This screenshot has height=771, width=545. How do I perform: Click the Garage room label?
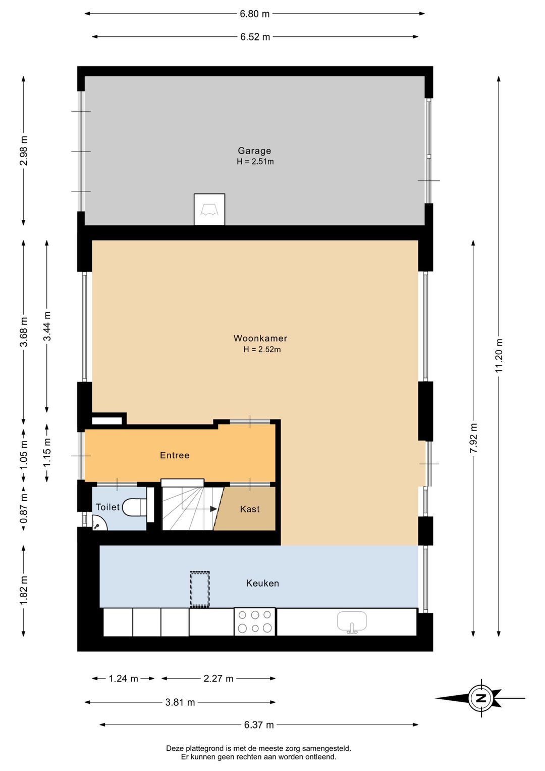(x=254, y=151)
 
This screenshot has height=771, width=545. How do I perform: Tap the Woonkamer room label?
(x=260, y=338)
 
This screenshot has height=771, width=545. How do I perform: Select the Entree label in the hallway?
(x=175, y=455)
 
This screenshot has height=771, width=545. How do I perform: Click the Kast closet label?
(x=250, y=509)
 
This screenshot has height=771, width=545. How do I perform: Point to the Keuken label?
(x=262, y=583)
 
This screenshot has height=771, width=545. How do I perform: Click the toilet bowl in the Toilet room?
(x=135, y=507)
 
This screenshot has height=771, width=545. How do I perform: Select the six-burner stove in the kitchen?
(x=255, y=621)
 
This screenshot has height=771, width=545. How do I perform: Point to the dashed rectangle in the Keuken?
(x=200, y=589)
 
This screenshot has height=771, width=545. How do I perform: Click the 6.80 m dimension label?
(x=255, y=14)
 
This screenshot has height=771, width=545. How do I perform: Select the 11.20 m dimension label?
(x=499, y=356)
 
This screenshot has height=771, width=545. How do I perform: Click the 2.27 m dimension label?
(x=219, y=679)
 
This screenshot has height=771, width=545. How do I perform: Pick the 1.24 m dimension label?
(x=123, y=679)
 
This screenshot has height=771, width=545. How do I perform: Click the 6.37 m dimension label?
(x=259, y=725)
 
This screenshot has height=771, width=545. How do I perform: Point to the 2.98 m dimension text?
(x=23, y=151)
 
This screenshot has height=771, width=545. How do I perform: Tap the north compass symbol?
(x=481, y=698)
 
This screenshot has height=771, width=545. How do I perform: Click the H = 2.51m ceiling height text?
(x=255, y=162)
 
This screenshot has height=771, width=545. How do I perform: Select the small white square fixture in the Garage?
(x=209, y=209)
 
